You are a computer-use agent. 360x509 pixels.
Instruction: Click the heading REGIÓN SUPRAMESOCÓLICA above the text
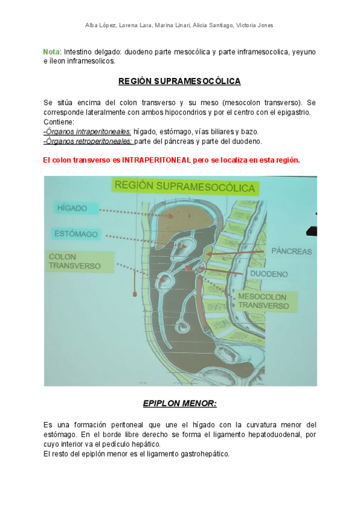click(x=179, y=80)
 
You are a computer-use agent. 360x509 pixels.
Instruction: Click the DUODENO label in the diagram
click(x=269, y=274)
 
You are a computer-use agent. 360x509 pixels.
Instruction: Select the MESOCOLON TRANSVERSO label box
click(x=263, y=301)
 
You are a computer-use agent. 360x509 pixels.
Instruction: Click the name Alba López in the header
click(x=100, y=25)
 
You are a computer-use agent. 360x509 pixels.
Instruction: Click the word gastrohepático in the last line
click(x=203, y=454)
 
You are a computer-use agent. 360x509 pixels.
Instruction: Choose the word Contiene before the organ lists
click(x=59, y=122)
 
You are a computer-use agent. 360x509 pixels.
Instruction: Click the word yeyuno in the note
click(x=304, y=52)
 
